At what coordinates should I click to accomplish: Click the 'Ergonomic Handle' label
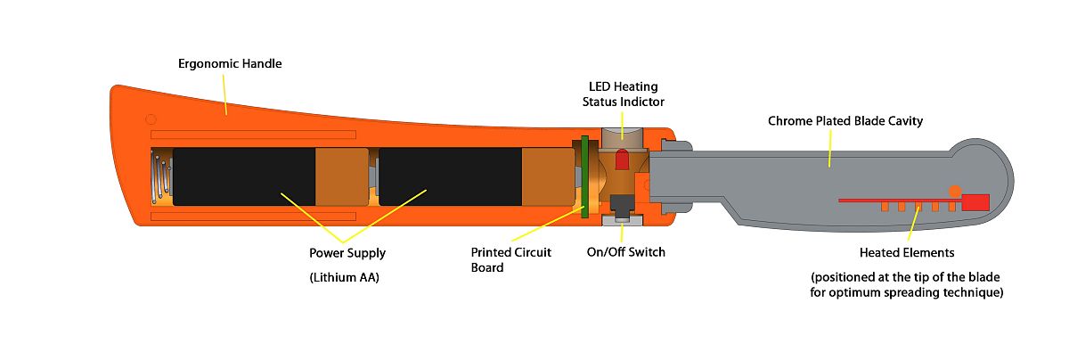(x=231, y=64)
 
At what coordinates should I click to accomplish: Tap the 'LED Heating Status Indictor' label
(x=624, y=94)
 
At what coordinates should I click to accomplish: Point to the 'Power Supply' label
(x=347, y=253)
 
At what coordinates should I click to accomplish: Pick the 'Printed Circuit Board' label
(x=510, y=259)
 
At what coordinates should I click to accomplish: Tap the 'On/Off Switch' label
(x=625, y=252)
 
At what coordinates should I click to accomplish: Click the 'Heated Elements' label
(x=907, y=253)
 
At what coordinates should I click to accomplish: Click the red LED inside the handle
(x=622, y=160)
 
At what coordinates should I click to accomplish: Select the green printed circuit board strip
(x=584, y=176)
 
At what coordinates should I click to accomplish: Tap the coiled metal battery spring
(x=160, y=176)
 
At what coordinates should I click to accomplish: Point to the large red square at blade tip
(x=976, y=201)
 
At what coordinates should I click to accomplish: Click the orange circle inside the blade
(x=954, y=190)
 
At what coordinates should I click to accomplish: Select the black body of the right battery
(x=450, y=176)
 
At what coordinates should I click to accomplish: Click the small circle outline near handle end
(x=151, y=119)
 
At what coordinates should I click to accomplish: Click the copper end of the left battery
(x=342, y=176)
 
